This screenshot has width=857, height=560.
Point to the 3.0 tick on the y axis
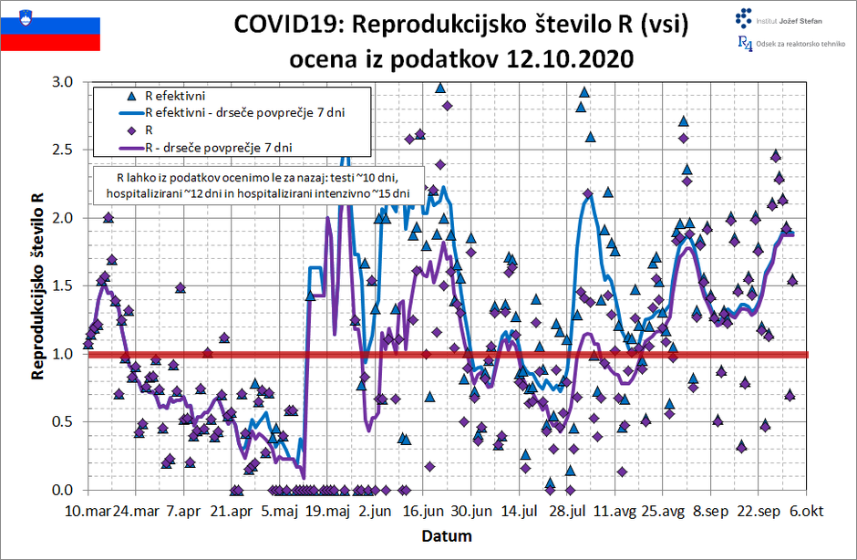[x=66, y=82]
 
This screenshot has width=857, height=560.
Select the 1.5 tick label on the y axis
[x=66, y=285]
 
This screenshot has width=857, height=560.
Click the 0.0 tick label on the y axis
[x=66, y=490]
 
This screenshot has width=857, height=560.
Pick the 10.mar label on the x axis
[x=88, y=512]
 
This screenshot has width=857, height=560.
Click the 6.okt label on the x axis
[x=806, y=512]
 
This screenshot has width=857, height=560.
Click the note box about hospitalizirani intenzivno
[x=258, y=185]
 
